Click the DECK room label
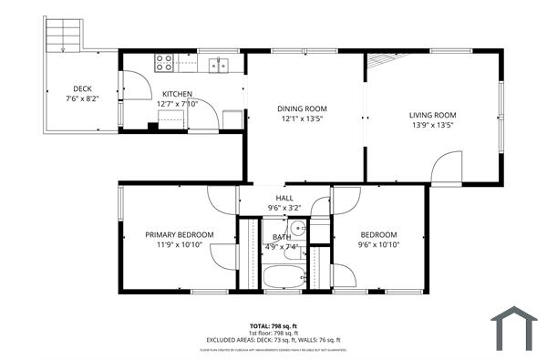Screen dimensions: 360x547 point(82,88)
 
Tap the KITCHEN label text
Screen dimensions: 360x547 point(177,94)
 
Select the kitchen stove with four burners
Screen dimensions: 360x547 point(165,63)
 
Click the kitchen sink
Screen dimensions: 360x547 point(218,64)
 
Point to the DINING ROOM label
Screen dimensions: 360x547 point(302,108)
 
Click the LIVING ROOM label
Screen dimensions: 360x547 point(431,115)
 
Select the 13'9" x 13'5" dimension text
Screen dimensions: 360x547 point(431,125)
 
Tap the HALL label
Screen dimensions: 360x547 point(284,199)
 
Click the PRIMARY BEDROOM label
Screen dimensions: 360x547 point(180,234)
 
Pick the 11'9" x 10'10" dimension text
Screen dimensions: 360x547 point(180,244)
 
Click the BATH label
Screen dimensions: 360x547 point(282,237)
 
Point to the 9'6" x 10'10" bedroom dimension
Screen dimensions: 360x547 point(377,244)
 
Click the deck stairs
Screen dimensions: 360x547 point(64,35)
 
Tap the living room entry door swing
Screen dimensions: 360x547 point(446,166)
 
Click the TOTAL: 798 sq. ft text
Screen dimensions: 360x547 point(273,325)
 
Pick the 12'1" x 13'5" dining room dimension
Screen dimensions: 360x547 point(302,118)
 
